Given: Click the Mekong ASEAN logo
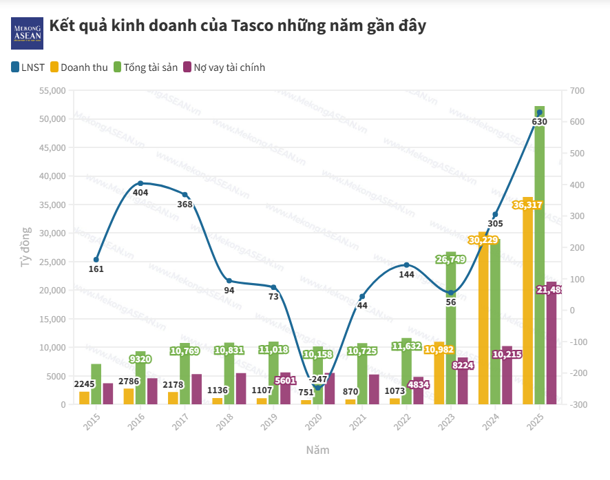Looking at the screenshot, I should (x=27, y=33).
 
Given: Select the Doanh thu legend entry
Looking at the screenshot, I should (x=78, y=67).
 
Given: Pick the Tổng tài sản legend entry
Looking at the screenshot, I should (x=145, y=67).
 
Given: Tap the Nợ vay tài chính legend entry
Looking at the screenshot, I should (x=223, y=67).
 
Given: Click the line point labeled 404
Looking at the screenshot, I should (x=140, y=183).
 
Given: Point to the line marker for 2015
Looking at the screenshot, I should (x=96, y=260).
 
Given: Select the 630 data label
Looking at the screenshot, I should (x=539, y=122).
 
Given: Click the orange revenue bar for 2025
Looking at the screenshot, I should (x=528, y=303).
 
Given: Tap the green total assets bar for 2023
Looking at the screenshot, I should (x=451, y=331).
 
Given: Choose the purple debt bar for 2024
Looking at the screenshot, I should (x=507, y=375).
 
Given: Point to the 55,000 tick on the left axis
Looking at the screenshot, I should (x=52, y=91).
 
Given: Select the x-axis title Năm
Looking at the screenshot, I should (x=317, y=450).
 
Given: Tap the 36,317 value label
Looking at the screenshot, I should (x=527, y=205).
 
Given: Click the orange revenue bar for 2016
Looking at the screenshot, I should (x=129, y=397).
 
